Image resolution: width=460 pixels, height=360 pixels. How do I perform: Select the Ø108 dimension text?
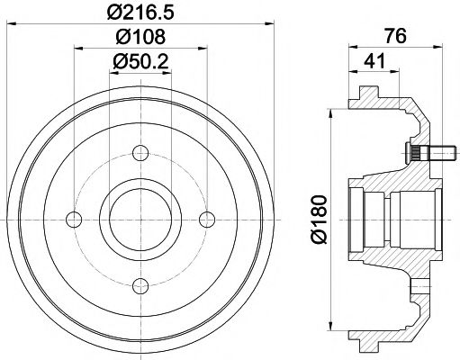(140, 37)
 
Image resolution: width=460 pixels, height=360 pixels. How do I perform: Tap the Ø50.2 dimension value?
(140, 61)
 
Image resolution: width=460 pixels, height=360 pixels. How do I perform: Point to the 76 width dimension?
(396, 36)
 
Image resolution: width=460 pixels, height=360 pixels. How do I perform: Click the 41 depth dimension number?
(374, 61)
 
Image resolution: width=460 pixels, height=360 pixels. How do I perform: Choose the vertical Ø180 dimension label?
(319, 220)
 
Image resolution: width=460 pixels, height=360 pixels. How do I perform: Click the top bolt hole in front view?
(140, 153)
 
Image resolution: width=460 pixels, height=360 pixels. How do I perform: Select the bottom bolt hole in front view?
(140, 286)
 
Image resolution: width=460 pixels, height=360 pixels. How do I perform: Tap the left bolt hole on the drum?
(74, 220)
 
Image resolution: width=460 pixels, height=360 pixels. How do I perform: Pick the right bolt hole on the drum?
(207, 220)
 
